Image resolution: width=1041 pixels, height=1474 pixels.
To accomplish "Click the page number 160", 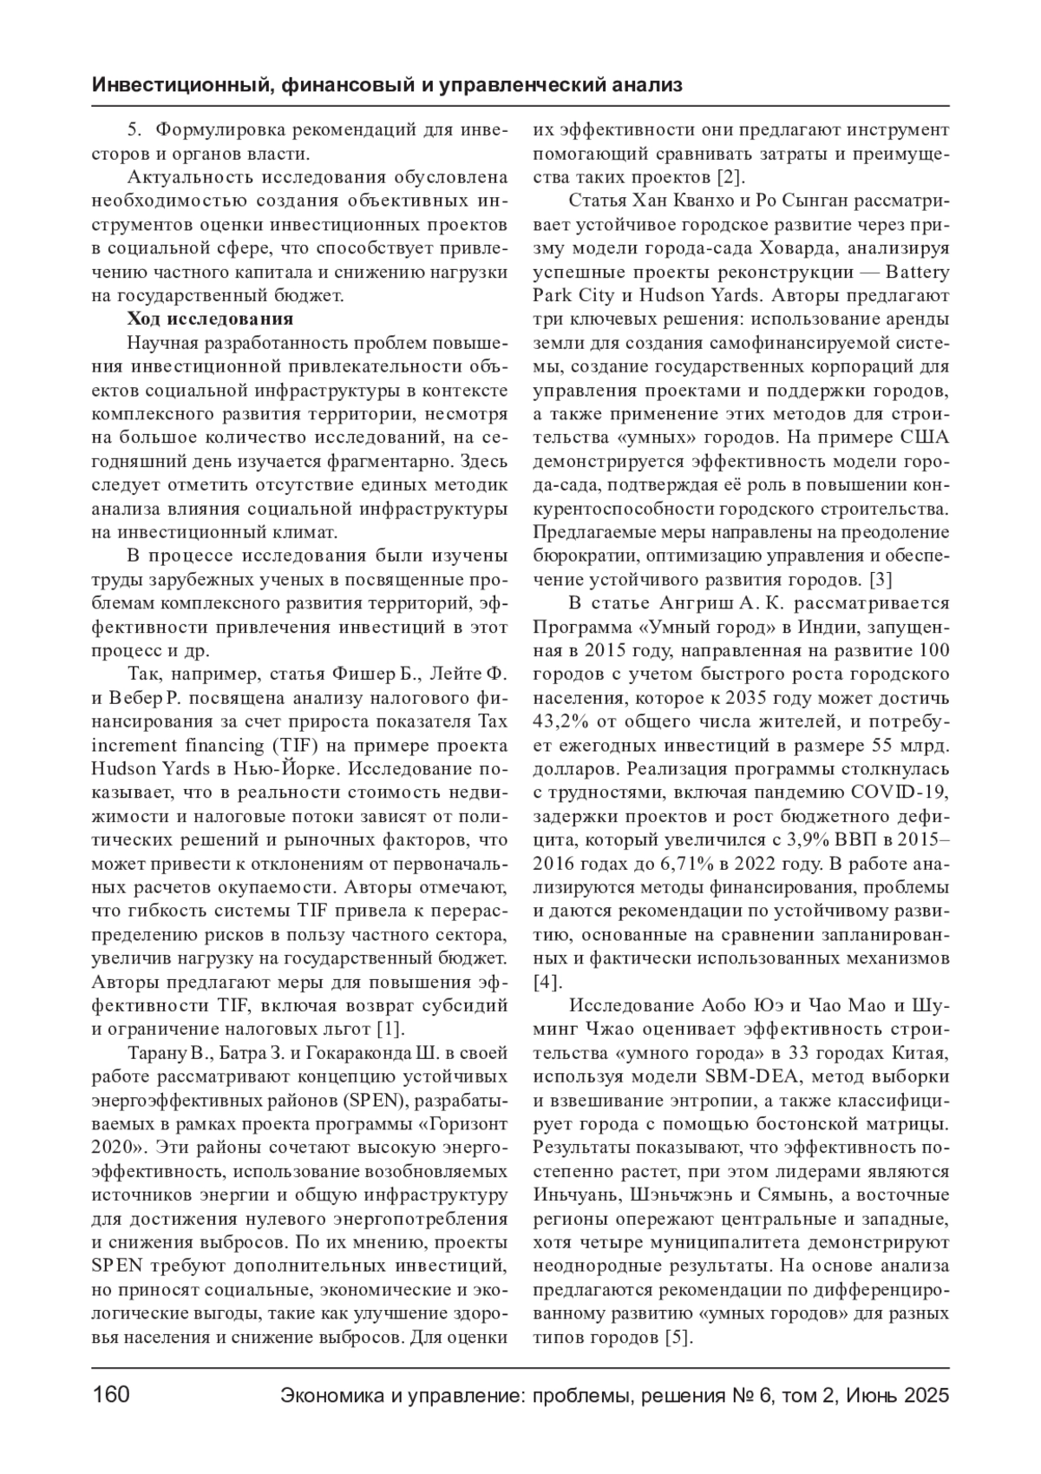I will (x=111, y=1395).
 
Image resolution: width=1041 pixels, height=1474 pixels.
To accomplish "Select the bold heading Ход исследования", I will (x=210, y=319).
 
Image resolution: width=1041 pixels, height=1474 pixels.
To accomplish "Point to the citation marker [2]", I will (x=727, y=179).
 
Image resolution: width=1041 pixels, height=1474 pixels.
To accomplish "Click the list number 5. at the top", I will (x=134, y=131).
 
